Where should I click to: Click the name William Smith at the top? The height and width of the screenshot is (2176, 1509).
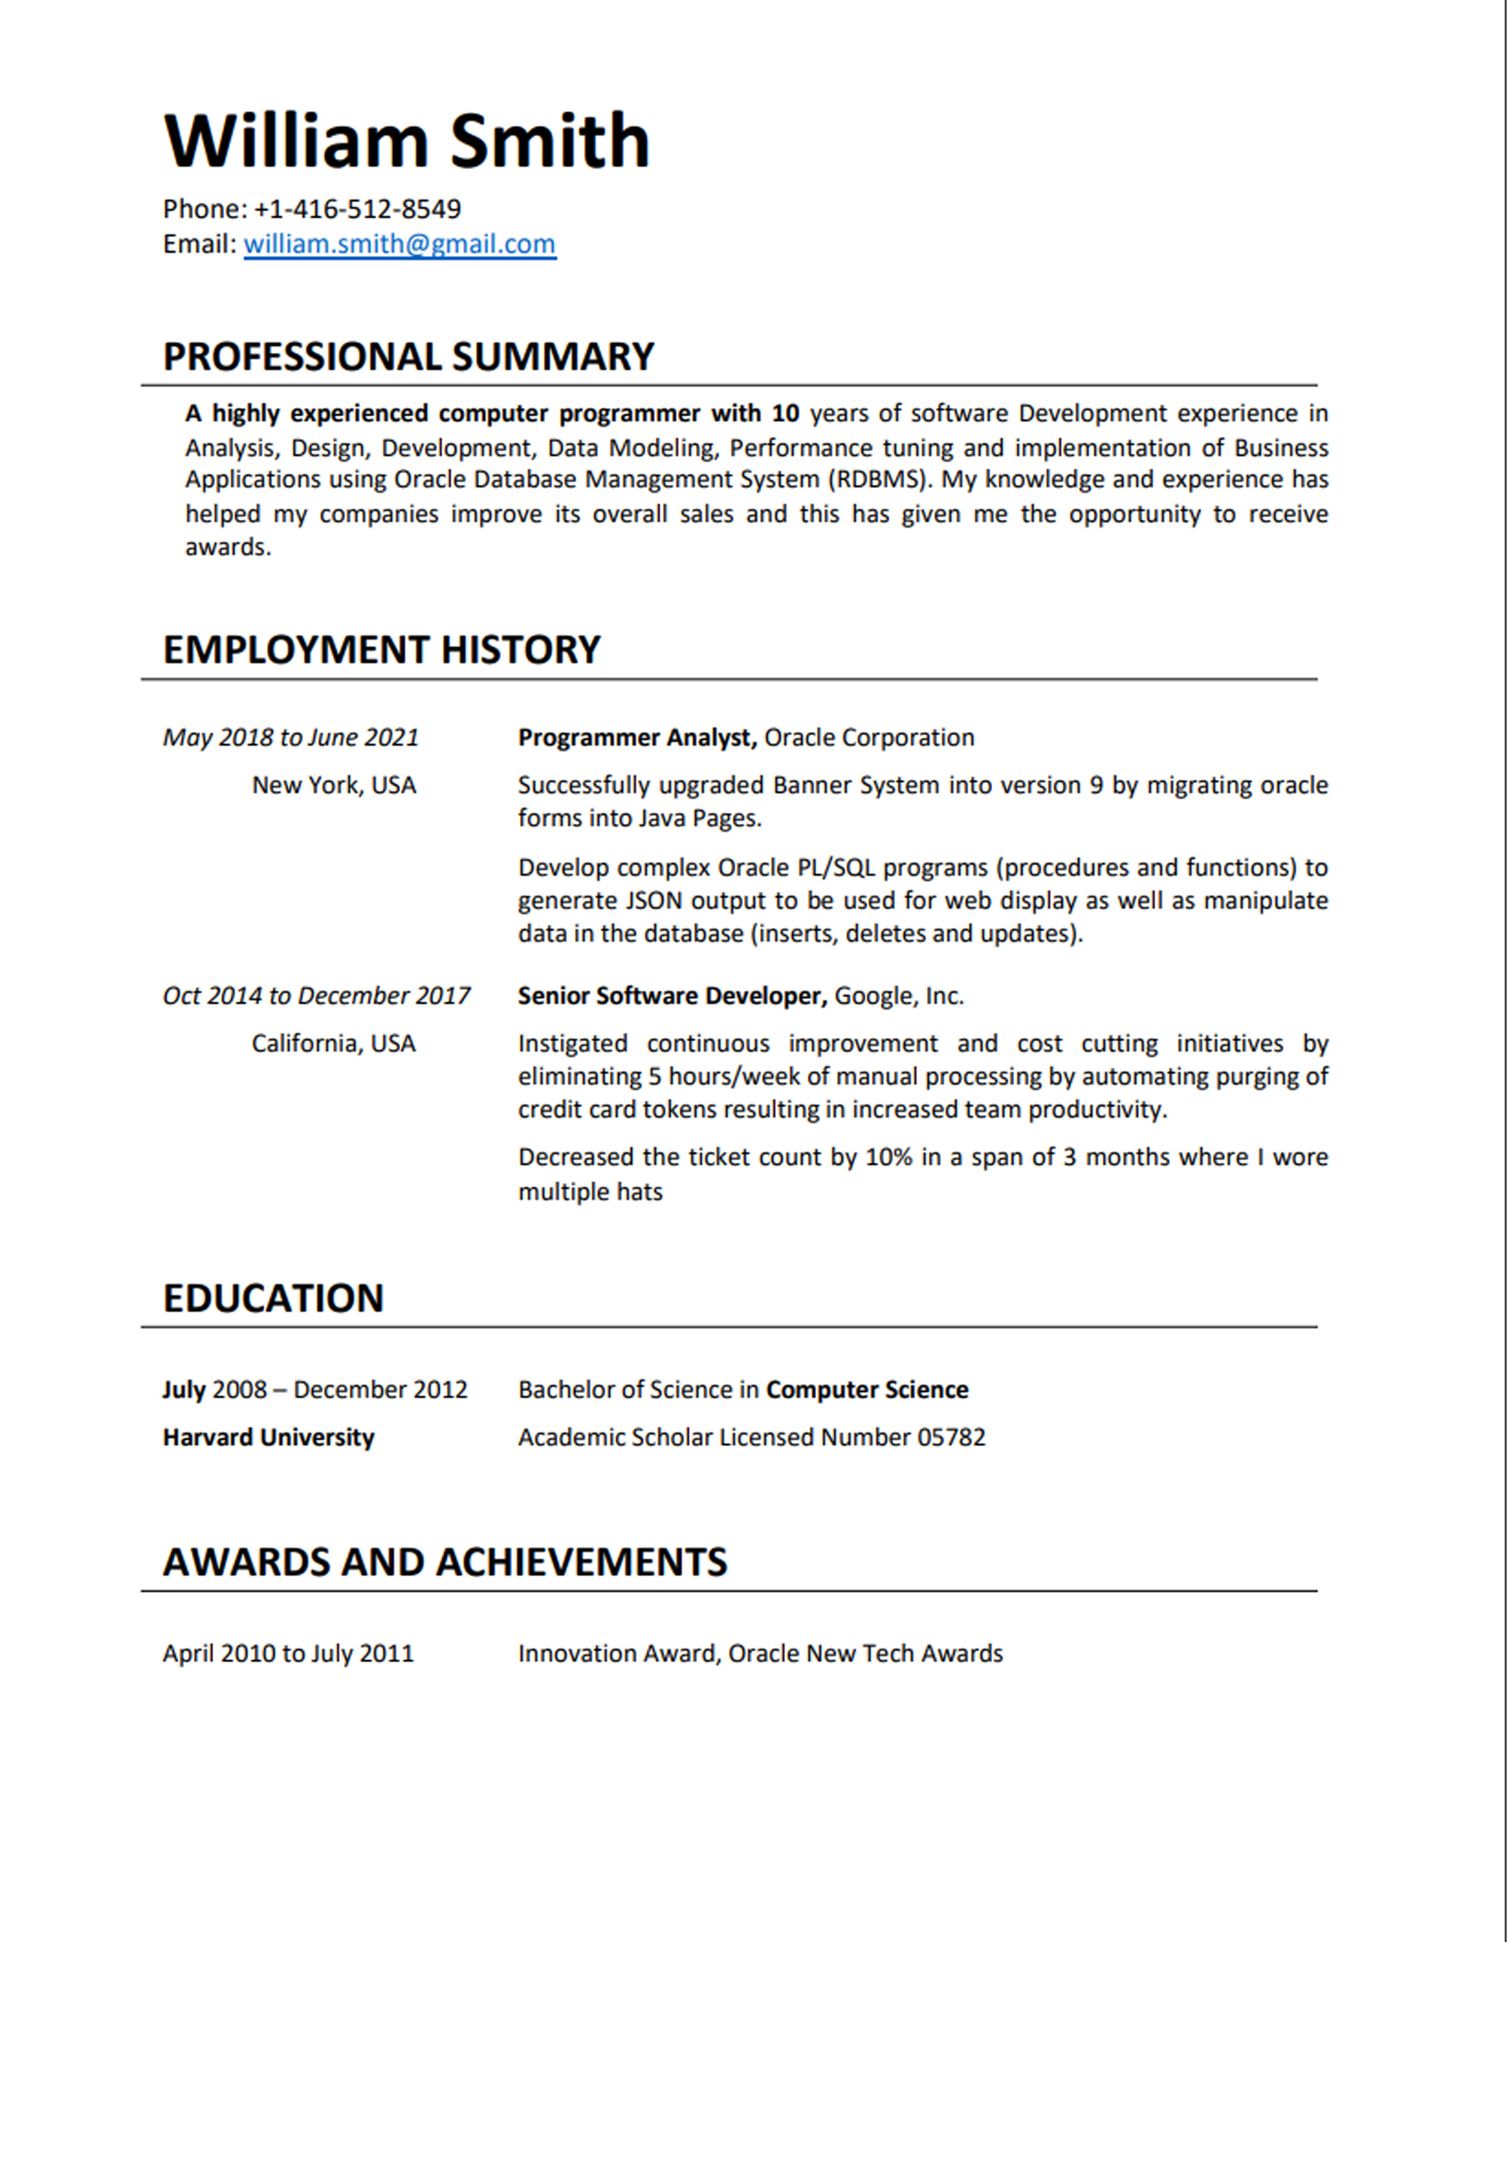coord(406,142)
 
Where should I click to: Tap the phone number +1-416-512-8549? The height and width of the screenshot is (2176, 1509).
coord(358,209)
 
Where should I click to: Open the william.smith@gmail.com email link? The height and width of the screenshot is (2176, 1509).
coord(399,244)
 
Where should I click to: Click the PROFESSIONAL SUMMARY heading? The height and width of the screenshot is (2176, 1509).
coord(409,356)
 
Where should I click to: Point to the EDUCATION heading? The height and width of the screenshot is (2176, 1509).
coord(273,1298)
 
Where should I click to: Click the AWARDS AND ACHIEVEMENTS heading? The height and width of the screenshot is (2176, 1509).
coord(444,1561)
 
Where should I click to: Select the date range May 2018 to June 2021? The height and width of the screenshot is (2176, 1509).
coord(291,737)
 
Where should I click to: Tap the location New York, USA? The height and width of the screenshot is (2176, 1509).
coord(334,786)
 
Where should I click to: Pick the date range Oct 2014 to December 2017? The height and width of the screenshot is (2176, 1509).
coord(316,995)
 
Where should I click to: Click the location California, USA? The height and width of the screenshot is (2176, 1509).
coord(334,1043)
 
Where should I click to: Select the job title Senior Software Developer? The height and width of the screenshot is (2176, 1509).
coord(671,995)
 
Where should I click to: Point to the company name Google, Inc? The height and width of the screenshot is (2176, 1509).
coord(898,995)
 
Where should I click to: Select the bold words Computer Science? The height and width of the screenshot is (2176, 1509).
coord(867,1390)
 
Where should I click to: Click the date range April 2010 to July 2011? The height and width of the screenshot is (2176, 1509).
coord(288,1653)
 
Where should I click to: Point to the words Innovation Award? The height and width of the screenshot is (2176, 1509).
coord(618,1653)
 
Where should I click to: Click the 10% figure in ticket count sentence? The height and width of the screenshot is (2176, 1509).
coord(889,1157)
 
